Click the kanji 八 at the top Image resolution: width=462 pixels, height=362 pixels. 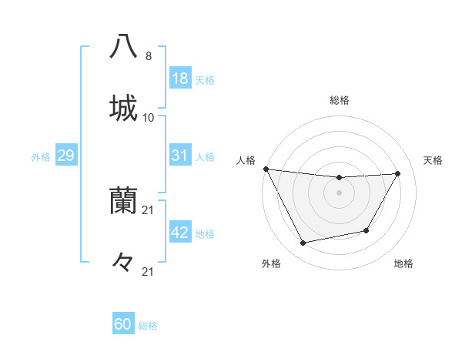123,45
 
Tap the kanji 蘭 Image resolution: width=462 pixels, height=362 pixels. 123,201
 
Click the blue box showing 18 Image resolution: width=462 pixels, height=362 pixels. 179,79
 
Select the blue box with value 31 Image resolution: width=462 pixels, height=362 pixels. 179,156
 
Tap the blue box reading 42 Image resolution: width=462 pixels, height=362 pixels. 179,233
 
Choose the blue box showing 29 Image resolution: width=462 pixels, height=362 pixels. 65,156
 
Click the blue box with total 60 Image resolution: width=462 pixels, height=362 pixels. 123,324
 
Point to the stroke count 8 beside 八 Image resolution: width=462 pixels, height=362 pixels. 149,55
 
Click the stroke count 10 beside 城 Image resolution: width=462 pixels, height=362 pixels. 149,117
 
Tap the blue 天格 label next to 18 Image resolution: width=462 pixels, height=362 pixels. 205,79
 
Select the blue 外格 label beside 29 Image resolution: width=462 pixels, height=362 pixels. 41,156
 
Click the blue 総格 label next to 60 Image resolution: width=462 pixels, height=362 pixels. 148,325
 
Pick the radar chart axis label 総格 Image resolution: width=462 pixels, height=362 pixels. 340,100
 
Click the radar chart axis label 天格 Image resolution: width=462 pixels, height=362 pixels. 434,160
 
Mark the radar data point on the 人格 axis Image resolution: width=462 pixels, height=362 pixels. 266,169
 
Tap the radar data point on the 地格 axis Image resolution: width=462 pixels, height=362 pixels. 367,230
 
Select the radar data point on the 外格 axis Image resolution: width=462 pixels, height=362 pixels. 303,243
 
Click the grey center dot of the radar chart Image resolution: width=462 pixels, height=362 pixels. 339,193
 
